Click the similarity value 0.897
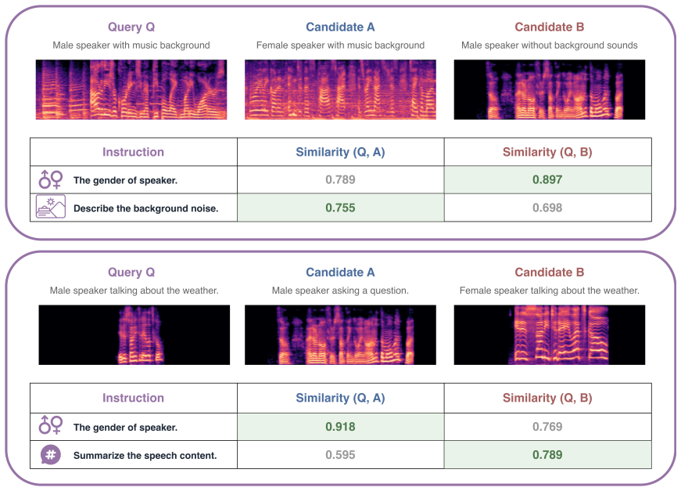[547, 179]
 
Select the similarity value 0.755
[340, 208]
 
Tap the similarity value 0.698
[547, 208]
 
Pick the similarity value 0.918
[340, 427]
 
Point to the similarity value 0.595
[340, 455]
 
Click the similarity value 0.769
[547, 427]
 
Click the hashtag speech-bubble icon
[50, 455]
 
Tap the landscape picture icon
[50, 207]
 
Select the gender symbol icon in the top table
[50, 179]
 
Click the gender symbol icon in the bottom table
[50, 425]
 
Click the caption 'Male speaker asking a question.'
[340, 291]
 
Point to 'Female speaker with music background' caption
[340, 45]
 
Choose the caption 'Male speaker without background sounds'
[550, 45]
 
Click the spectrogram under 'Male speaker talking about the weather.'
[134, 335]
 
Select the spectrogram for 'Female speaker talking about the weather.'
[550, 335]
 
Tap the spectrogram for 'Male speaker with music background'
[131, 89]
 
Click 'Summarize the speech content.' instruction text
[145, 456]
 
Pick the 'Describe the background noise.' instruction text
[146, 209]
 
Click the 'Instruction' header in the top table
[133, 152]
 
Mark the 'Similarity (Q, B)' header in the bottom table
[547, 398]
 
